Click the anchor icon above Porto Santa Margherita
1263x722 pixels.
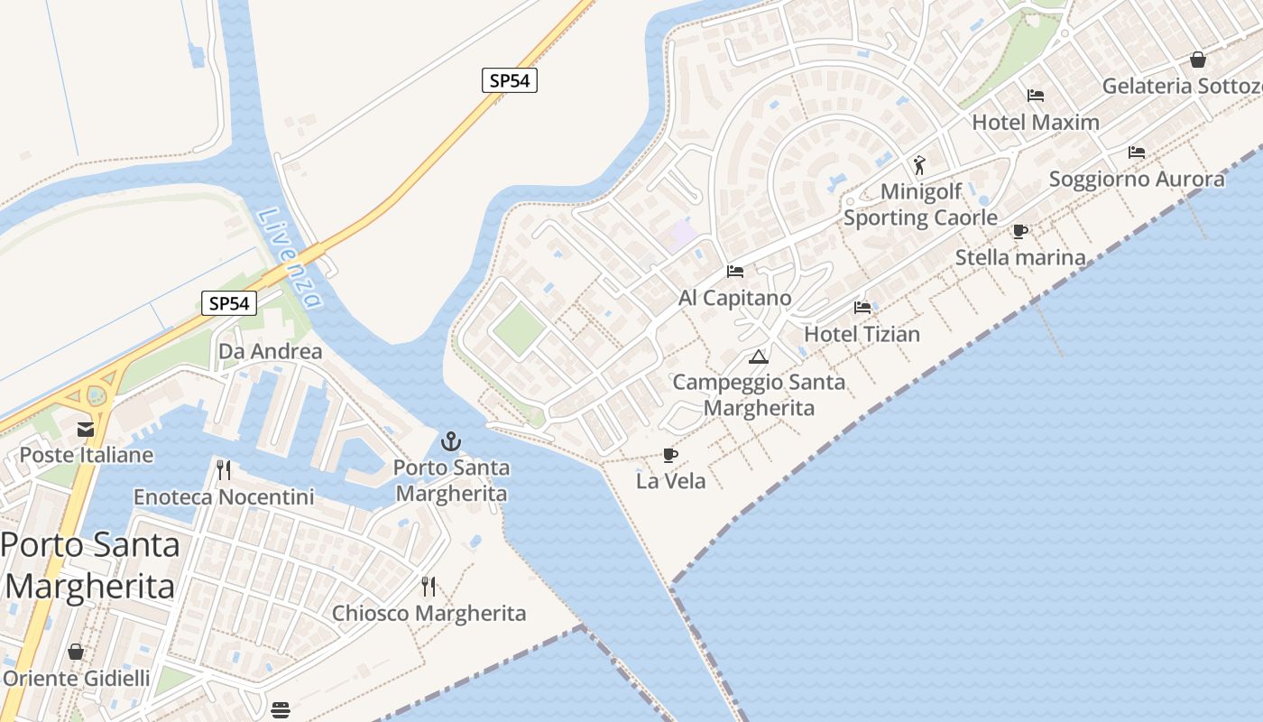click(x=450, y=442)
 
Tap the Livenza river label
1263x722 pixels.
click(x=289, y=257)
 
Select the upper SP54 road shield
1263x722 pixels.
click(x=509, y=80)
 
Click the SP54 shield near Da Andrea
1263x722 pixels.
click(x=228, y=303)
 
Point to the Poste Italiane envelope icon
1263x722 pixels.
click(x=86, y=430)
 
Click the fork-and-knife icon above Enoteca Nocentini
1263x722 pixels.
click(x=224, y=470)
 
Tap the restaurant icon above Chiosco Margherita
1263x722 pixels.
click(x=429, y=587)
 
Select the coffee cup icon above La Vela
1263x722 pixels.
click(x=669, y=455)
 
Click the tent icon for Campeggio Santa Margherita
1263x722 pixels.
click(x=758, y=356)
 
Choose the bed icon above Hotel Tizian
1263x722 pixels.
click(x=862, y=308)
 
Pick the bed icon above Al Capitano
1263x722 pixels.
click(x=735, y=271)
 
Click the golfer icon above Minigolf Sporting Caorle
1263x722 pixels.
click(x=919, y=165)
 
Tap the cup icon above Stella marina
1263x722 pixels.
click(x=1020, y=232)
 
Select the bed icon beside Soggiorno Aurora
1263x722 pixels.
click(x=1137, y=153)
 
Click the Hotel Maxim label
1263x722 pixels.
click(x=1036, y=122)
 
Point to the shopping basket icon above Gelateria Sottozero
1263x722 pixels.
click(x=1198, y=60)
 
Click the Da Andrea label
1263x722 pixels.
click(x=271, y=351)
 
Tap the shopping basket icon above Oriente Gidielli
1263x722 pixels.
click(x=76, y=652)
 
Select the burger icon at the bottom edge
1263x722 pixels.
click(x=281, y=708)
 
